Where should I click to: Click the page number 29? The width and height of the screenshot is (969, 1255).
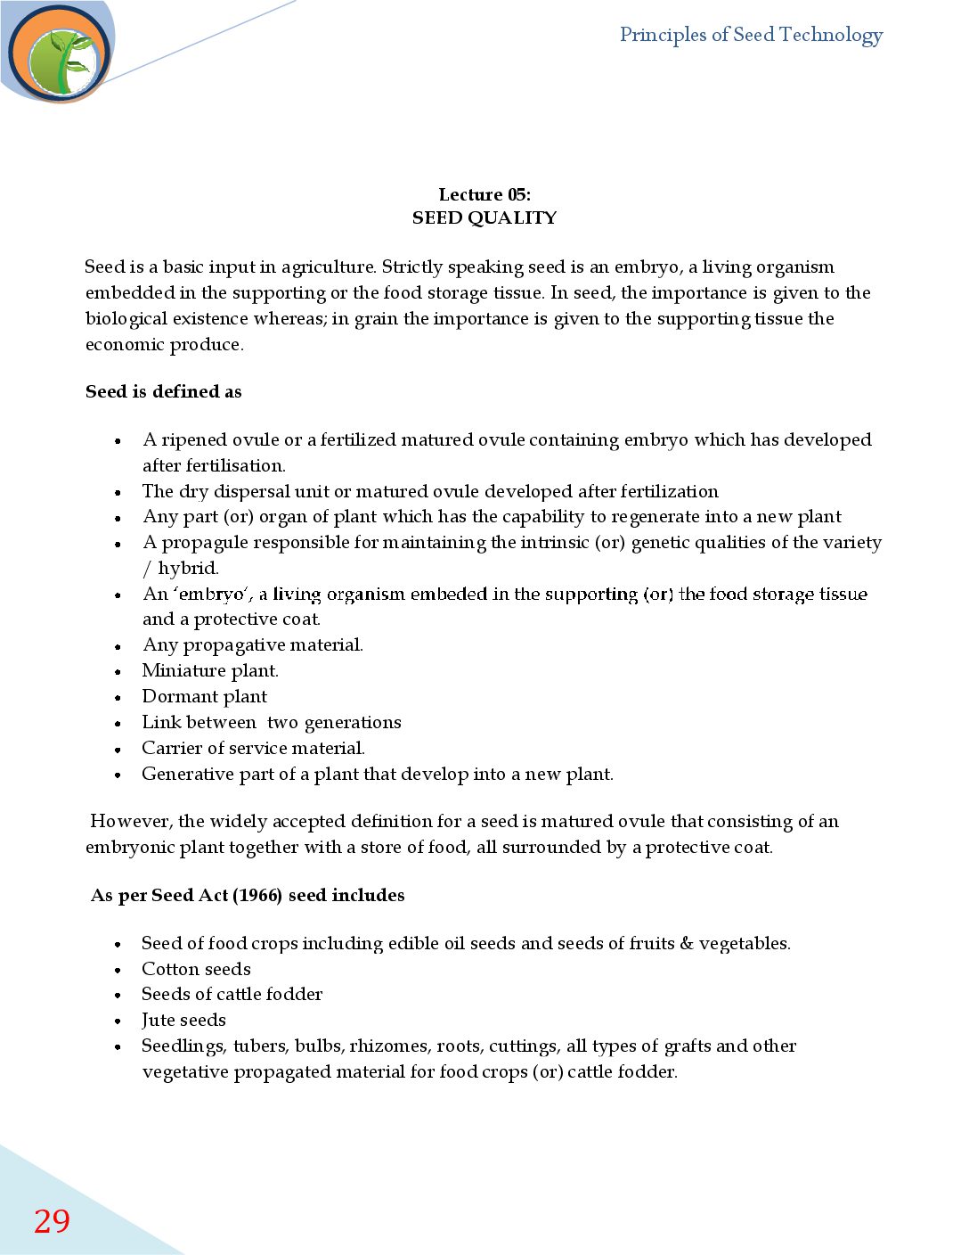pyautogui.click(x=52, y=1221)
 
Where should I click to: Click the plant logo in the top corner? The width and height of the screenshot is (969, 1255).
pyautogui.click(x=61, y=54)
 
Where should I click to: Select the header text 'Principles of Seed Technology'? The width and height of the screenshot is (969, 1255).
pyautogui.click(x=751, y=35)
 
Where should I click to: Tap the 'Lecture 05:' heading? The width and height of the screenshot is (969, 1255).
pyautogui.click(x=484, y=194)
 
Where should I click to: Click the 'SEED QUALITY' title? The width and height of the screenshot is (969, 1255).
pyautogui.click(x=484, y=217)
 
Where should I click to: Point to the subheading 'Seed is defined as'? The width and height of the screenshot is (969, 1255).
pyautogui.click(x=164, y=391)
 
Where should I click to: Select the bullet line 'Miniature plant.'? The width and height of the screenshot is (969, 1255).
pyautogui.click(x=210, y=670)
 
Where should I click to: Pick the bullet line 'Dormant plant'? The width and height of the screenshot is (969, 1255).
pyautogui.click(x=205, y=696)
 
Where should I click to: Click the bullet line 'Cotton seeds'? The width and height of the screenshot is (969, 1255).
pyautogui.click(x=196, y=969)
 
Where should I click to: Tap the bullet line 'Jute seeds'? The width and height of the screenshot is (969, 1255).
pyautogui.click(x=183, y=1020)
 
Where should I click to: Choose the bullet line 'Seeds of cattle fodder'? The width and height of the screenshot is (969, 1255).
pyautogui.click(x=232, y=994)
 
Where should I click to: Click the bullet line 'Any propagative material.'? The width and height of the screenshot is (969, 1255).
pyautogui.click(x=253, y=644)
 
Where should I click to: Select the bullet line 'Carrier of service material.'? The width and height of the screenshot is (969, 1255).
pyautogui.click(x=253, y=748)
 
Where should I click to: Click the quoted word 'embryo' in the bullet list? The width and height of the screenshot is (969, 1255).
pyautogui.click(x=212, y=595)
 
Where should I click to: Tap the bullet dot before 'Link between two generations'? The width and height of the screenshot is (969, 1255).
pyautogui.click(x=118, y=724)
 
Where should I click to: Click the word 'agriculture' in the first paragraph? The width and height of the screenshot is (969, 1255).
pyautogui.click(x=328, y=267)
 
